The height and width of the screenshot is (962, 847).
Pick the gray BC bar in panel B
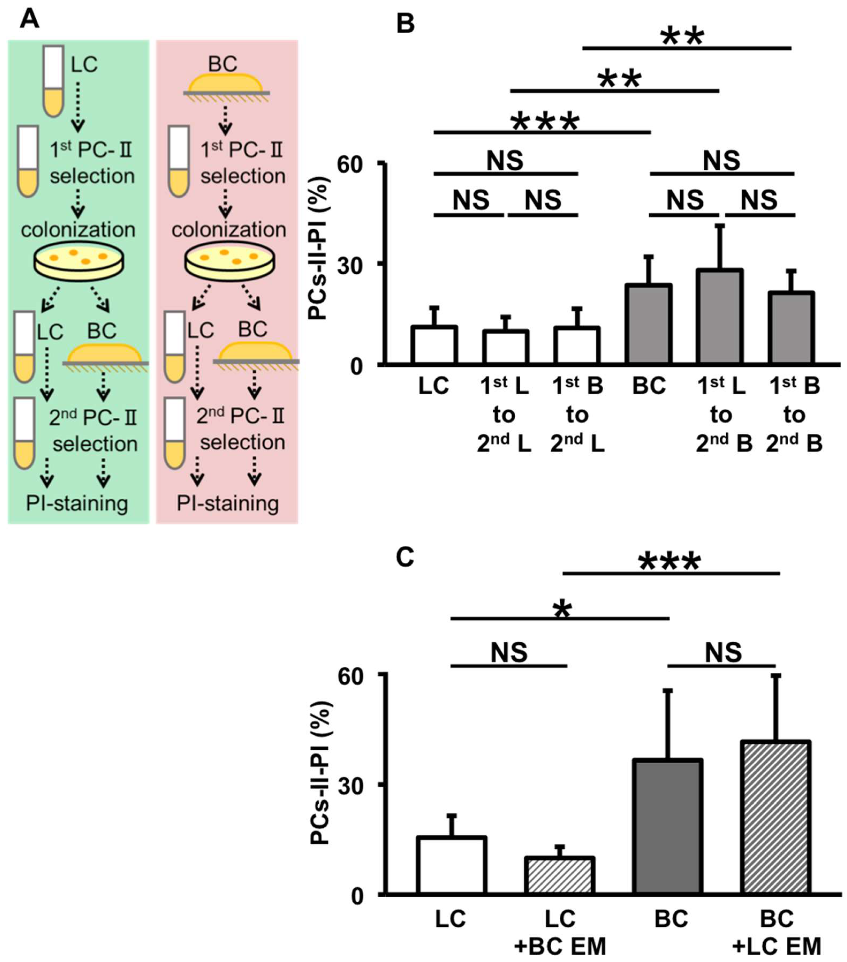pyautogui.click(x=649, y=324)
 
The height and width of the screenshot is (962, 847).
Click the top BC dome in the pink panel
pyautogui.click(x=225, y=83)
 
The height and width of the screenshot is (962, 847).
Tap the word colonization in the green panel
pyautogui.click(x=78, y=230)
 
